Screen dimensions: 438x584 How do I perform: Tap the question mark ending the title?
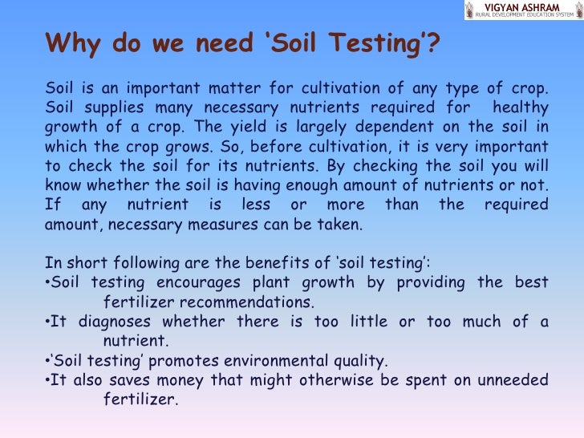click(434, 42)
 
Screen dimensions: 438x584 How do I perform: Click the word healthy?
click(521, 107)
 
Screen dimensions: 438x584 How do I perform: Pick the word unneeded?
click(512, 380)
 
